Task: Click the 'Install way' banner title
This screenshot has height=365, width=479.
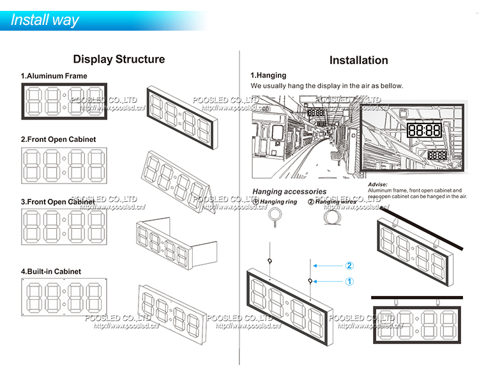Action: coord(45,19)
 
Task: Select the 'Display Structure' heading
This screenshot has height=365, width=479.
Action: coord(119,59)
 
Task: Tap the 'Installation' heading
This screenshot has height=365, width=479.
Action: coord(358,60)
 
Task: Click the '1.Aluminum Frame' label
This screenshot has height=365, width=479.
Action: coord(54,76)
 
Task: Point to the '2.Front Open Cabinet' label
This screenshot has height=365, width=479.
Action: coord(58,139)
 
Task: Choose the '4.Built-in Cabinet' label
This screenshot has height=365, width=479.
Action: coord(51,272)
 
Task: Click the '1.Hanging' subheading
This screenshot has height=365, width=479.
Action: coord(268,75)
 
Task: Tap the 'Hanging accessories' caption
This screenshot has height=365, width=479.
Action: coord(289,191)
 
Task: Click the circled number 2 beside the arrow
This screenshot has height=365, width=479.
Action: coord(349,265)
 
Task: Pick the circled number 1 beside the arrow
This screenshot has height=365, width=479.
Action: coord(349,281)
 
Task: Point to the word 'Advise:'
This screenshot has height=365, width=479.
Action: coord(378,184)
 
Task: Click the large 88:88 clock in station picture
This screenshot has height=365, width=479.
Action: coord(424,131)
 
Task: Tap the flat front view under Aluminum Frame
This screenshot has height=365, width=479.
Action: coord(65,101)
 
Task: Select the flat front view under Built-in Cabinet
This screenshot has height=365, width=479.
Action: coord(65,298)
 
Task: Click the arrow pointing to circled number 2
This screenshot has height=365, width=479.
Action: coord(330,265)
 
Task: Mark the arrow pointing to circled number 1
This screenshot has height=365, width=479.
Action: coord(330,281)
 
